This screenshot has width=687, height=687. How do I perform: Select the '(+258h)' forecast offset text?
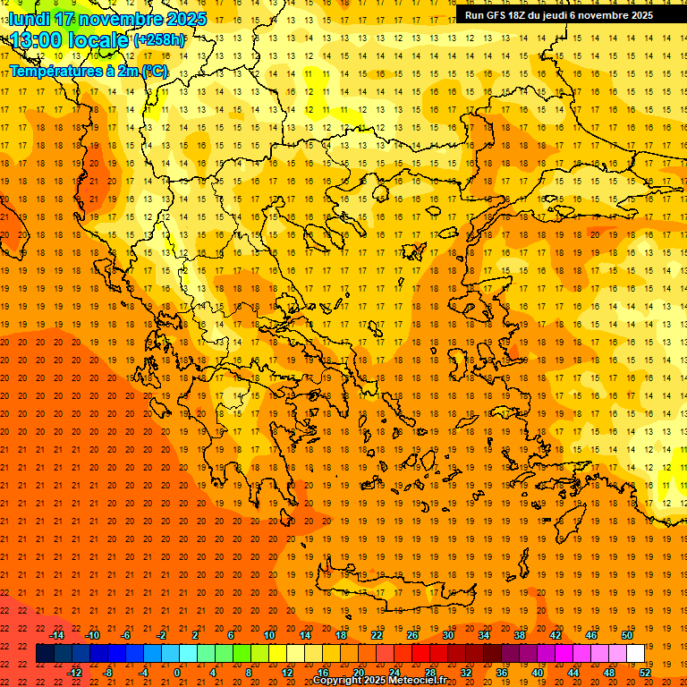coord(159,40)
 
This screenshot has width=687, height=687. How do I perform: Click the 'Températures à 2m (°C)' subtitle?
coord(88,71)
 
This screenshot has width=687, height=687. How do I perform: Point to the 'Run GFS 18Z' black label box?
coord(558,15)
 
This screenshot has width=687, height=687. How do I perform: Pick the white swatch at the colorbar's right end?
coord(635,654)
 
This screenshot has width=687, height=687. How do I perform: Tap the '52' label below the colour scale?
coord(646,673)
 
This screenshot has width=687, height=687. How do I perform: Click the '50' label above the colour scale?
coord(626,635)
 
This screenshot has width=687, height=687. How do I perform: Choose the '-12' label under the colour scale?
coord(74,673)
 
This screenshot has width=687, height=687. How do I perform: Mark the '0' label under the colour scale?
coord(177,673)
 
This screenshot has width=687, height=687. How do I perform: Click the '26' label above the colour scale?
coord(412,635)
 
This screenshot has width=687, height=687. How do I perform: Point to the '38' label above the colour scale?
coord(520,635)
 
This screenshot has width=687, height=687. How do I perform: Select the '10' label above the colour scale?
coord(269,635)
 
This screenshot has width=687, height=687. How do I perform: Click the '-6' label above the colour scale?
coord(126,635)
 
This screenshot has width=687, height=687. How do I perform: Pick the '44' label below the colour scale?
coord(573,673)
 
